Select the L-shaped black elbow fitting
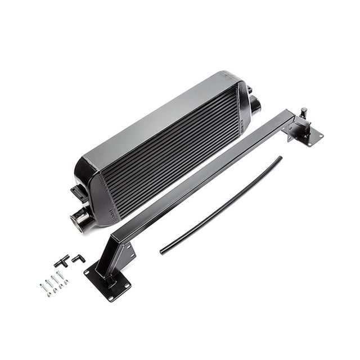[x=78, y=258]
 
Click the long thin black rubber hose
[x=219, y=206]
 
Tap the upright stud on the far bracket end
[x=303, y=112]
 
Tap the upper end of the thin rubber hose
[x=279, y=159]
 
